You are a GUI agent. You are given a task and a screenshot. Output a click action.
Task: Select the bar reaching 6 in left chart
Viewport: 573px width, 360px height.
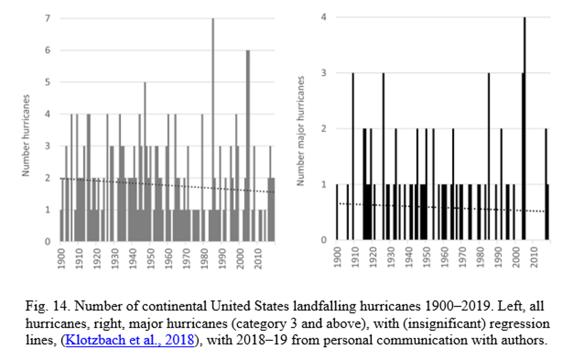click(248, 145)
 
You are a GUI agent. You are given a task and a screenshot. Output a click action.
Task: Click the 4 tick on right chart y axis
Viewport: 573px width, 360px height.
click(325, 17)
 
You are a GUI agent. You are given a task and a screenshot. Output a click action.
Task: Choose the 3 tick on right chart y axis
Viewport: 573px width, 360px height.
click(325, 73)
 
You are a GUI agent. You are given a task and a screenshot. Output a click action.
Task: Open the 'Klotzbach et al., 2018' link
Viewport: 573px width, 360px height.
click(129, 340)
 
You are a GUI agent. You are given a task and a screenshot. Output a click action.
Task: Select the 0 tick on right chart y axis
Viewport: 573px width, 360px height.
click(325, 240)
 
